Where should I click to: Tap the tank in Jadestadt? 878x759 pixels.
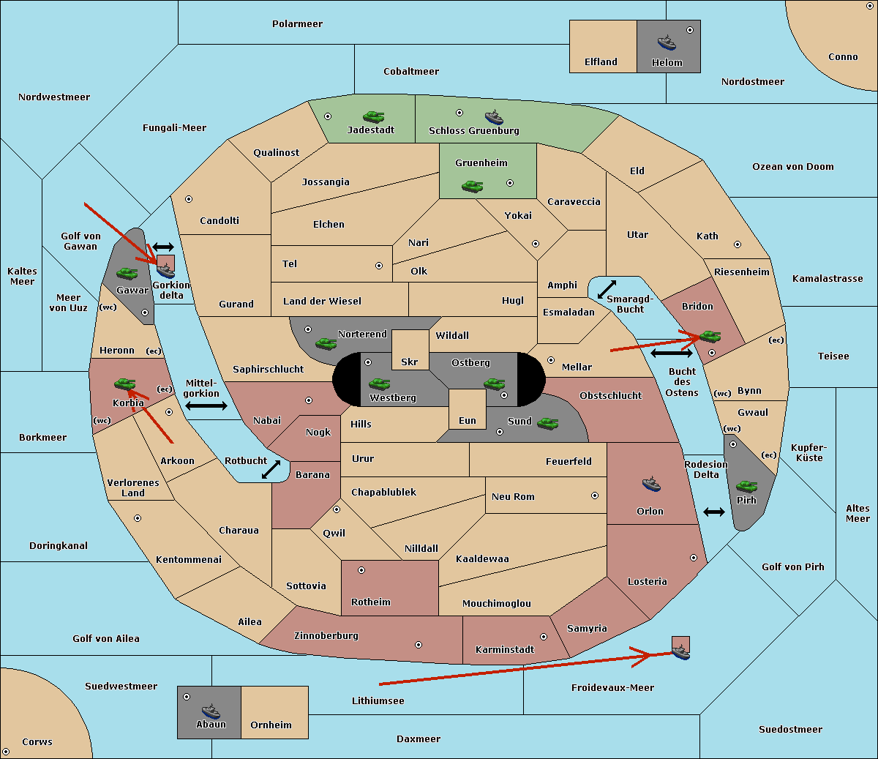click(373, 116)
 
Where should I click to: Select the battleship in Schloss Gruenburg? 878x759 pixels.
click(494, 117)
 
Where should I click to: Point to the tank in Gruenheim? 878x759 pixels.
click(473, 186)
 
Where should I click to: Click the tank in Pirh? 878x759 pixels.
click(746, 486)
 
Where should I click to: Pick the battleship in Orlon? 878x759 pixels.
click(651, 484)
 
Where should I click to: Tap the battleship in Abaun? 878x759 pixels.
click(211, 711)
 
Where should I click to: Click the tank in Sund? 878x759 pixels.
click(547, 423)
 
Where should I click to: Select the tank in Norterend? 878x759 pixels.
click(326, 343)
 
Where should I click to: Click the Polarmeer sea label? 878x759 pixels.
click(297, 24)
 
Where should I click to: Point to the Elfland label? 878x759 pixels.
click(601, 61)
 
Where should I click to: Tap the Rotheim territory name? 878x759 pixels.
click(370, 602)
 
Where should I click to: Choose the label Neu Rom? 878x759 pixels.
click(513, 496)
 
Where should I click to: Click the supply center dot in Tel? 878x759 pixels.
click(379, 266)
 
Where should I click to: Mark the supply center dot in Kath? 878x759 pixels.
click(738, 244)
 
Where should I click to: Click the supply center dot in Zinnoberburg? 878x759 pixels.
click(419, 645)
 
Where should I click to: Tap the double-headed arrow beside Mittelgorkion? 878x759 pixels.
click(206, 405)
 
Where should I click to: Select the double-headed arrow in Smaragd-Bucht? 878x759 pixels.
click(607, 289)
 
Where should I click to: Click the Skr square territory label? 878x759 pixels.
click(409, 362)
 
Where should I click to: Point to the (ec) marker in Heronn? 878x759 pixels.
click(154, 351)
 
